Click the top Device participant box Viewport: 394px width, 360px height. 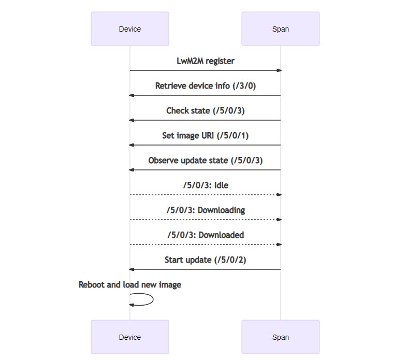click(129, 29)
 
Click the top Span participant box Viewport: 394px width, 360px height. click(280, 29)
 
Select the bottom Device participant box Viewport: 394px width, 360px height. click(129, 337)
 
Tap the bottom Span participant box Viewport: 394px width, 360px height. click(280, 337)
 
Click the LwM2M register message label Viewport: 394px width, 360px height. click(206, 61)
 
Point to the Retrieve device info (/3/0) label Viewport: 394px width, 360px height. click(206, 86)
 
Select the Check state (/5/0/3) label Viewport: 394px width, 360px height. click(206, 111)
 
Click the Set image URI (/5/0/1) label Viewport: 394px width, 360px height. click(206, 136)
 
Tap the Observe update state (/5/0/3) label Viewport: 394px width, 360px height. click(206, 161)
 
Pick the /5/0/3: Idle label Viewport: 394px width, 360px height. click(206, 185)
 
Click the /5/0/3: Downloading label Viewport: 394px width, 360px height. click(206, 210)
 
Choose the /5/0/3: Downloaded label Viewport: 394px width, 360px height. click(206, 235)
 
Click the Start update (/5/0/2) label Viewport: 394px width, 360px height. click(206, 260)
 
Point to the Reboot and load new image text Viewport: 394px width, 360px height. click(130, 285)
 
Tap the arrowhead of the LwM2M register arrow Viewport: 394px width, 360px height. click(279, 70)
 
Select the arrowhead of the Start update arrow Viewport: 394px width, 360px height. click(132, 269)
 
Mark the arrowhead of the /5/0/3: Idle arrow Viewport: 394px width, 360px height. click(279, 195)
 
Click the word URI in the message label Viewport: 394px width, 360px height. click(209, 136)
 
